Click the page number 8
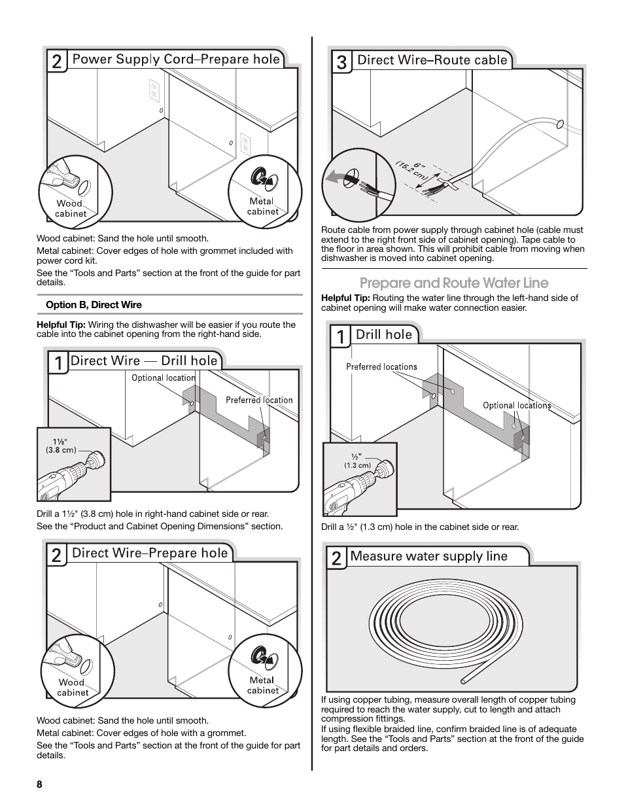[39, 785]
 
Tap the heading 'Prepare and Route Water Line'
[454, 283]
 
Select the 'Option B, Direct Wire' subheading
[94, 305]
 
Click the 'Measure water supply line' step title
[428, 556]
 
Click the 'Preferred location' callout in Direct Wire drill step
[259, 400]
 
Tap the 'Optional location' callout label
[163, 378]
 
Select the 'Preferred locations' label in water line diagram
[381, 367]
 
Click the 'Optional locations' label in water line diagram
[517, 406]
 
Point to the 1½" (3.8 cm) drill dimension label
[61, 445]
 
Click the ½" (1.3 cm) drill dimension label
[357, 461]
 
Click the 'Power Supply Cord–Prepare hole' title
[175, 60]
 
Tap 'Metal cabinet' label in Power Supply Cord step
[262, 206]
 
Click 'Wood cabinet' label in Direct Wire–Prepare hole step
[72, 688]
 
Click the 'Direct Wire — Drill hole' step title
[144, 360]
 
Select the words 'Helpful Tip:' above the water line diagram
[345, 298]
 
